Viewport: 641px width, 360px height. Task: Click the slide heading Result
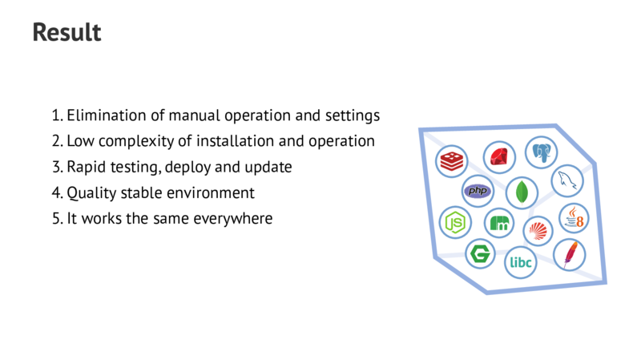point(67,33)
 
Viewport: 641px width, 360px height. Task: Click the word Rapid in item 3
point(86,167)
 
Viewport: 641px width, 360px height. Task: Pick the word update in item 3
point(270,167)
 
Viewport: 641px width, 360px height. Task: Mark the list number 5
point(56,218)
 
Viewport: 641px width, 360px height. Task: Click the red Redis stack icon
point(452,160)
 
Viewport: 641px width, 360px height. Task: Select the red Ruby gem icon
point(499,156)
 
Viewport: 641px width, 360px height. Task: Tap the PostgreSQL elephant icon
point(541,151)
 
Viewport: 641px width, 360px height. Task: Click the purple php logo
point(478,191)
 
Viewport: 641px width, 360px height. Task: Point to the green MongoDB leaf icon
point(522,192)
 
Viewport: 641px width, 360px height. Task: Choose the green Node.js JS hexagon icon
point(456,222)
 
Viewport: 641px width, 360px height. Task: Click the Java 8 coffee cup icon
point(574,217)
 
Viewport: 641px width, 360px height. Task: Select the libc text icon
point(521,261)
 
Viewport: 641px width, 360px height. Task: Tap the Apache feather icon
point(570,254)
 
